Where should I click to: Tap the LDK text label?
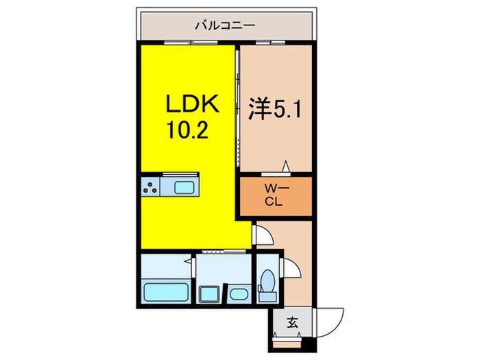(192, 105)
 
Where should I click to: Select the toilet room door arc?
(291, 269)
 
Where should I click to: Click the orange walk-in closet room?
(274, 196)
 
